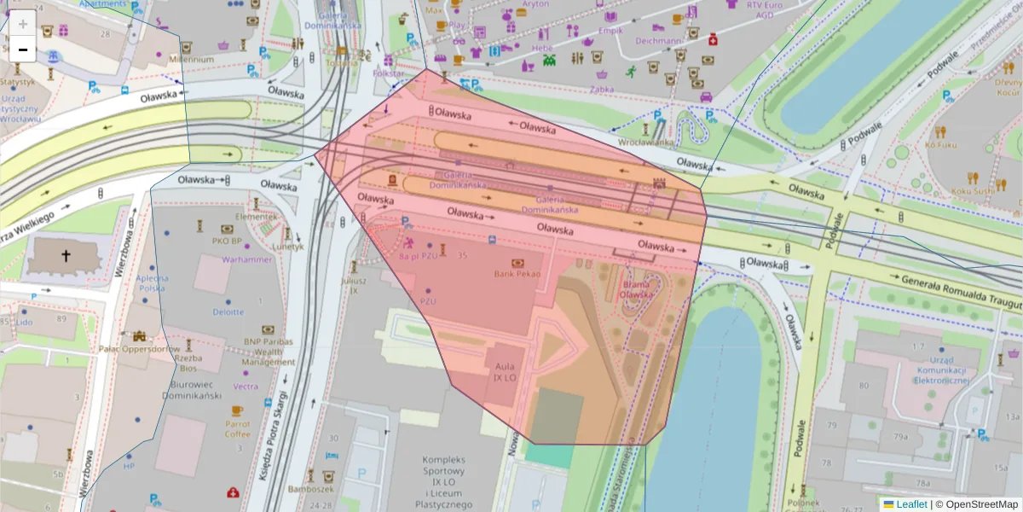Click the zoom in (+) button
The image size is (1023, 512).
point(23,23)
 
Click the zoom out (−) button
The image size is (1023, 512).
point(23,49)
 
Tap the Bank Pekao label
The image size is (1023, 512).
point(518,273)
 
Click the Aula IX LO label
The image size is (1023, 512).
point(504,371)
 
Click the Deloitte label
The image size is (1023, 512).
point(228,312)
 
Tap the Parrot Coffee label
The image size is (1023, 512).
point(238,428)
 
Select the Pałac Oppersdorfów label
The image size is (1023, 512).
point(138,349)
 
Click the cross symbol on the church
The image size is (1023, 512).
point(66,255)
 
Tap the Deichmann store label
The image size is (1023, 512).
point(658,40)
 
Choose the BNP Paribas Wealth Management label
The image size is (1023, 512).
point(268,352)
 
